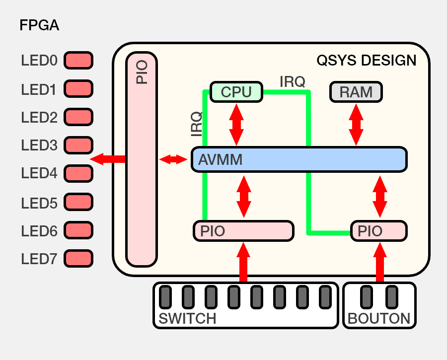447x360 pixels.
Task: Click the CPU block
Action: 236,92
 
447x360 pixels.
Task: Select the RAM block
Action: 356,92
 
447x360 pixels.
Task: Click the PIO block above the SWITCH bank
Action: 243,231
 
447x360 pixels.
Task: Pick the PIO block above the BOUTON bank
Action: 378,231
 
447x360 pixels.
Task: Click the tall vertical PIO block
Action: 142,159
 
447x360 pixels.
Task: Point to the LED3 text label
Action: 39,145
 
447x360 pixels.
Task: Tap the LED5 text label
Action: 39,203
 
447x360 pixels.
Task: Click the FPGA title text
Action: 39,25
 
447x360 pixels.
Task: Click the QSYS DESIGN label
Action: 366,61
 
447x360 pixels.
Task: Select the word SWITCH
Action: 187,318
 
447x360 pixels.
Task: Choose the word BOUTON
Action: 379,318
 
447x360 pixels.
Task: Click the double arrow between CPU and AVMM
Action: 236,125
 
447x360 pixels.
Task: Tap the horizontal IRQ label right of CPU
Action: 292,81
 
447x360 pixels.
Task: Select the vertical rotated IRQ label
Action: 197,124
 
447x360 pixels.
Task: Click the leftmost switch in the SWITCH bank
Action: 165,297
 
